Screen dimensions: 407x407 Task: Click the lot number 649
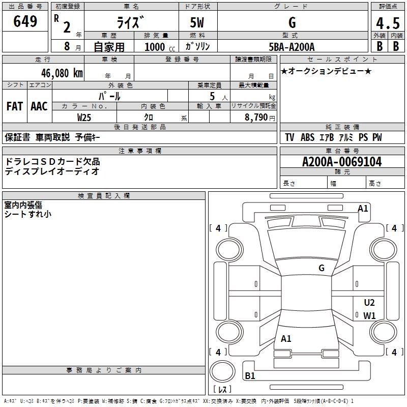(x=25, y=21)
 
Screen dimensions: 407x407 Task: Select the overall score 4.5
(x=388, y=23)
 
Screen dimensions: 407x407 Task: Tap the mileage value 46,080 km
(x=62, y=73)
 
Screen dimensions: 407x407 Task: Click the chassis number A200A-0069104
(x=342, y=162)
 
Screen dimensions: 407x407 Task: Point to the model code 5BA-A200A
(x=292, y=47)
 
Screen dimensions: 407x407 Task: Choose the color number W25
(x=84, y=118)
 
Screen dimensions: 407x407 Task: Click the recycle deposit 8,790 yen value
(x=259, y=118)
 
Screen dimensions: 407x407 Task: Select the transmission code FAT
(x=15, y=106)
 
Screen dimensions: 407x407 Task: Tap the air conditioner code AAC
(x=39, y=106)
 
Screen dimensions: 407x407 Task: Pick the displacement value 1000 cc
(x=160, y=47)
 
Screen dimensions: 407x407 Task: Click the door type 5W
(x=197, y=22)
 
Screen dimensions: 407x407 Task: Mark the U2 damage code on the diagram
(x=369, y=303)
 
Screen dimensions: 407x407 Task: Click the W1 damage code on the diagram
(x=369, y=315)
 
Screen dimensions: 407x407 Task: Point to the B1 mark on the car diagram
(x=250, y=375)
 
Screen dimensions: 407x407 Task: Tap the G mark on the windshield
(x=322, y=268)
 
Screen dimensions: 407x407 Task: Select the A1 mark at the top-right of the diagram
(x=363, y=209)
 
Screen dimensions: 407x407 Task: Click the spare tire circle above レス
(x=222, y=371)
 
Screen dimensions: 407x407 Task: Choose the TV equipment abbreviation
(x=289, y=137)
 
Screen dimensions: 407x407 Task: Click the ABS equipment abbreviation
(x=307, y=137)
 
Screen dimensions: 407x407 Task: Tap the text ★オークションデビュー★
(x=326, y=71)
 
